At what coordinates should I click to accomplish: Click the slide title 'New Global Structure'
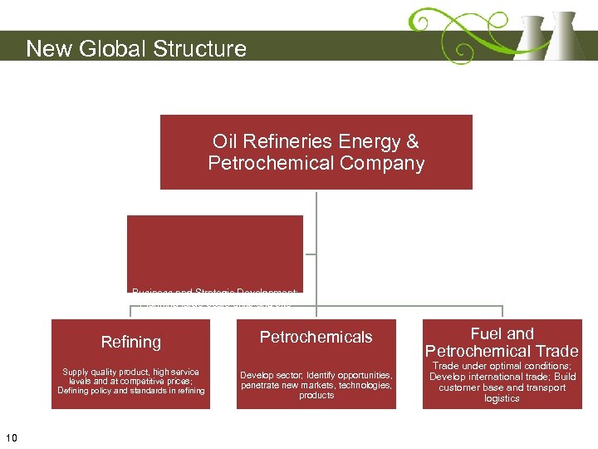136,48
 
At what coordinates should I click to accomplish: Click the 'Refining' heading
130,342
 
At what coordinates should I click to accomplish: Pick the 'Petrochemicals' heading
316,337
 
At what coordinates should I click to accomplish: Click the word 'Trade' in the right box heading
556,351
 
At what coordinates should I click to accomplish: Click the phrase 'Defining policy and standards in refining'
130,391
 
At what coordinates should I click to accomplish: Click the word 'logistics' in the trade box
502,398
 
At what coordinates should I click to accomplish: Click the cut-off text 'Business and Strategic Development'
215,291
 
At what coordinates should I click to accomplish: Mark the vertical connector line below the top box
316,220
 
